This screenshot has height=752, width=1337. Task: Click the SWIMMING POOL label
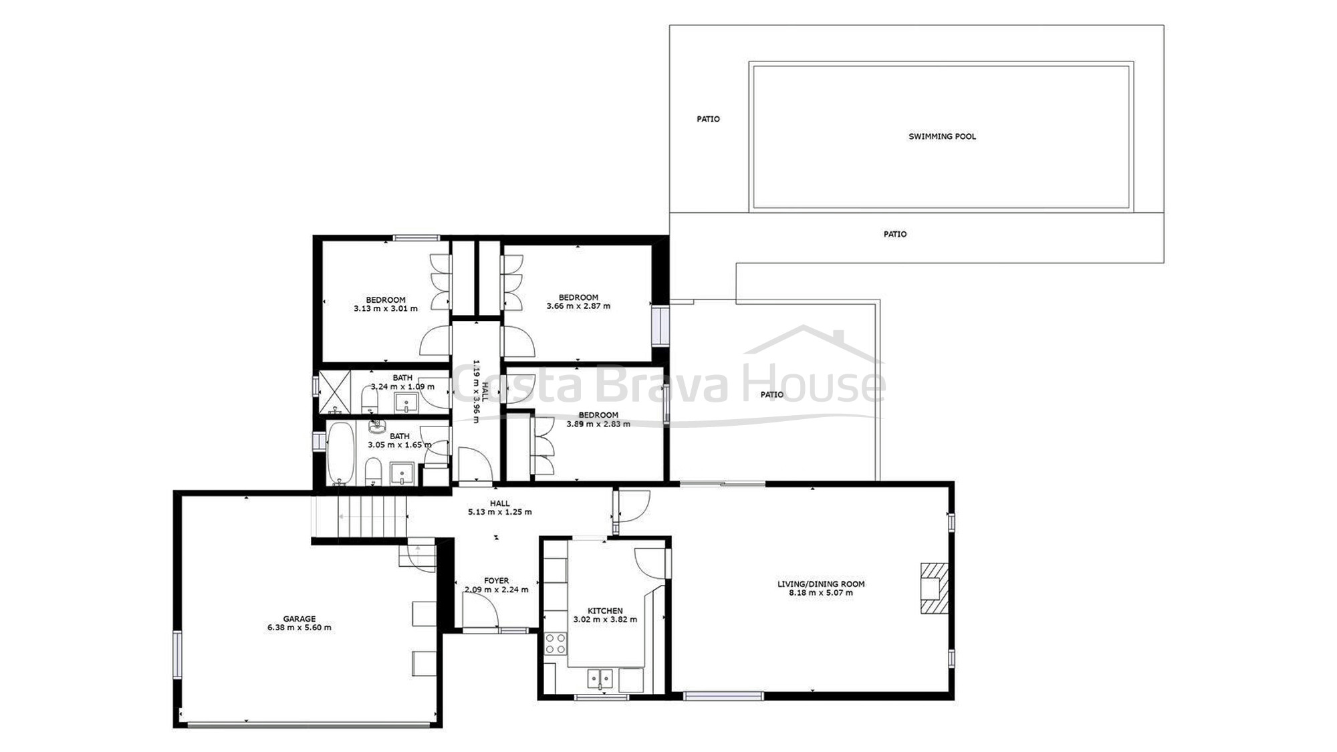[942, 136]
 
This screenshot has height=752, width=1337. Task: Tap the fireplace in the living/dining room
[934, 588]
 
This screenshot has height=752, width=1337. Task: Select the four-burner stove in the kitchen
[555, 644]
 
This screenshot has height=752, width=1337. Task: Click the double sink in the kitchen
[600, 678]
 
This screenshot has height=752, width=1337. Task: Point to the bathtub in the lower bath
[340, 453]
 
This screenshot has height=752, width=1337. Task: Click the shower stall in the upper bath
[334, 392]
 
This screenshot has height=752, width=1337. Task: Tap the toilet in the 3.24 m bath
[370, 400]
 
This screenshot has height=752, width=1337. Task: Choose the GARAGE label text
[299, 619]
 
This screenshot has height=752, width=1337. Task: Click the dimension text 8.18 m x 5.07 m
[821, 593]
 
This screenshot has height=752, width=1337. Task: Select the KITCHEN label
[605, 611]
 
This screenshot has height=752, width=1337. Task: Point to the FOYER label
[496, 581]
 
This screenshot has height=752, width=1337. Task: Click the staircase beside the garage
[360, 516]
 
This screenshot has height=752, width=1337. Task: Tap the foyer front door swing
[480, 610]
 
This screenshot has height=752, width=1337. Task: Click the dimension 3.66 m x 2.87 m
[578, 306]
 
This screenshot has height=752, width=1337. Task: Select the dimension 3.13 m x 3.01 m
[386, 309]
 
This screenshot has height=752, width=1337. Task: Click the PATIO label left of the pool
[709, 119]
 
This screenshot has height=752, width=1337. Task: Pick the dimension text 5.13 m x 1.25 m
[500, 512]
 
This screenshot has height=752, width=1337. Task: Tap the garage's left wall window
[177, 655]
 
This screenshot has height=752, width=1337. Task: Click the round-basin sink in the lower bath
[377, 426]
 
